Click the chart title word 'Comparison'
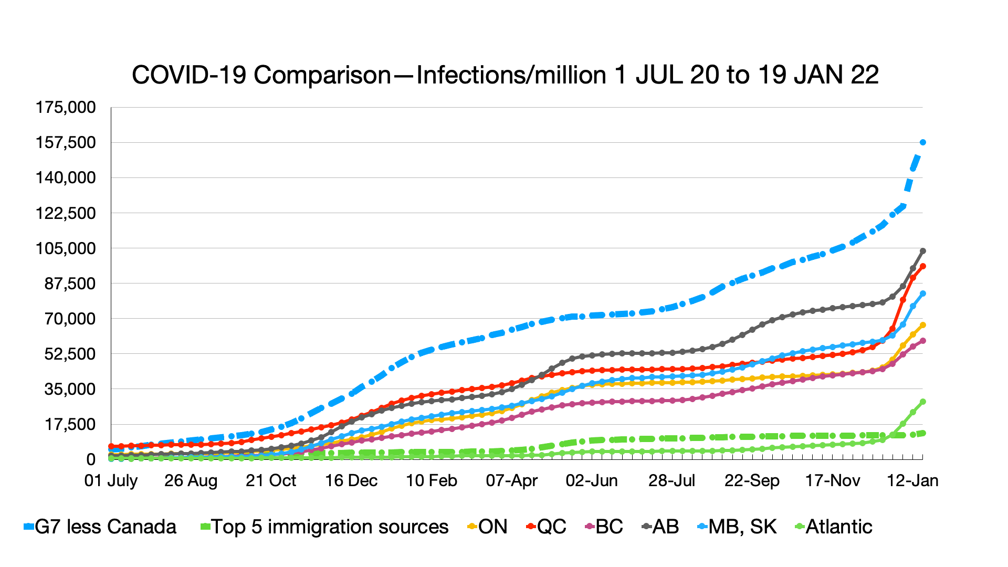(322, 75)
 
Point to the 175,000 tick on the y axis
(66, 108)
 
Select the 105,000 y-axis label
(66, 248)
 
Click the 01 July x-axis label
(111, 480)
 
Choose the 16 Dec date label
(351, 480)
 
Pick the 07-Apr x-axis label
(512, 480)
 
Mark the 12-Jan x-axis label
(912, 480)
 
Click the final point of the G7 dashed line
(923, 142)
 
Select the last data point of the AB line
(923, 251)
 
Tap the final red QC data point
(923, 266)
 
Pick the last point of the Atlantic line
(923, 402)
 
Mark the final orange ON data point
(923, 325)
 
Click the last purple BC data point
(923, 341)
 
